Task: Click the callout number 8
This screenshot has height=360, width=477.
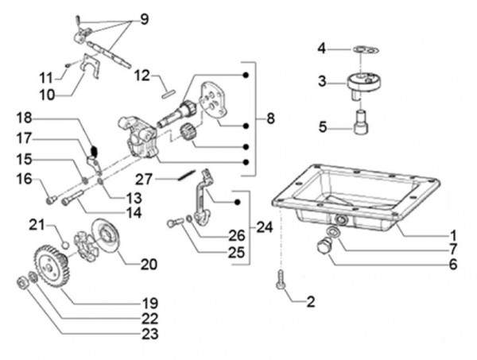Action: click(x=270, y=119)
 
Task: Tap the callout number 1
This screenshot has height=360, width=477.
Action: click(x=452, y=235)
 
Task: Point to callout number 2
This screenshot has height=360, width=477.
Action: click(x=310, y=302)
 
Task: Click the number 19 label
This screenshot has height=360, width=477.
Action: click(x=149, y=303)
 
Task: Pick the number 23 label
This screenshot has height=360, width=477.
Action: click(x=149, y=335)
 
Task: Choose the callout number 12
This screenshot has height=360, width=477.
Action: click(x=142, y=76)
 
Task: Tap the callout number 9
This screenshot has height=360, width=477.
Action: click(x=144, y=17)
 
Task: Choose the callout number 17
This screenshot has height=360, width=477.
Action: click(x=23, y=137)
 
